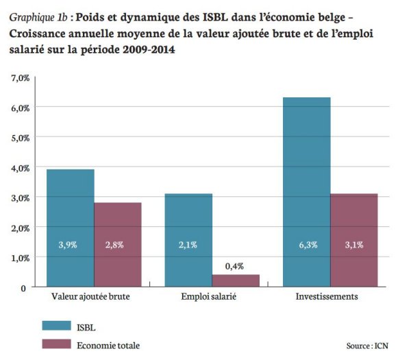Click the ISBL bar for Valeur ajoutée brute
[71, 228]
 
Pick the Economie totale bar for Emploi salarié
[236, 280]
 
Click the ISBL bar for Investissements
[307, 192]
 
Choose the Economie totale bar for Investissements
[353, 239]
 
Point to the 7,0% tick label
[19, 78]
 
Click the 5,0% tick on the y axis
[19, 138]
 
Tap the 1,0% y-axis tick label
[19, 257]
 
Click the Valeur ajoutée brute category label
[92, 298]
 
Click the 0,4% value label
[236, 265]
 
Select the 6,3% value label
[307, 245]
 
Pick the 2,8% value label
[118, 245]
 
